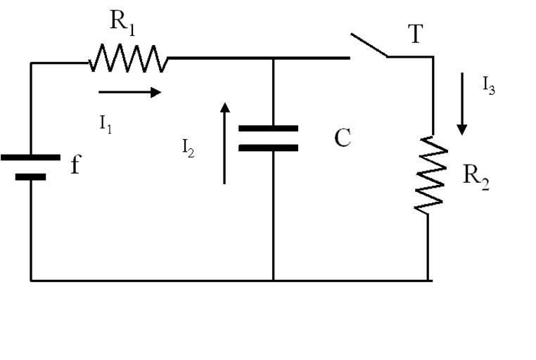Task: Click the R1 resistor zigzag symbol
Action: [x=128, y=58]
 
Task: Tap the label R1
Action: [x=122, y=22]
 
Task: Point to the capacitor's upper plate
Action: [x=268, y=129]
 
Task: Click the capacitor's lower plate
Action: [x=268, y=148]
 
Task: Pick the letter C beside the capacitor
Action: [x=343, y=139]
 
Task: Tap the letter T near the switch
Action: [x=416, y=33]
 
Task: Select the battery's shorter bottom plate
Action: [x=30, y=177]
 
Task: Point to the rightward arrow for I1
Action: [x=130, y=91]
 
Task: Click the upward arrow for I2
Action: [x=224, y=143]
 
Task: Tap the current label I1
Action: [x=106, y=124]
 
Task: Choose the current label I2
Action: [x=188, y=148]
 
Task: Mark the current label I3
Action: [x=489, y=85]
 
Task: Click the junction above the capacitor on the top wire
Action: [x=273, y=58]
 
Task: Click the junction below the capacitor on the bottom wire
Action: [x=273, y=280]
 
